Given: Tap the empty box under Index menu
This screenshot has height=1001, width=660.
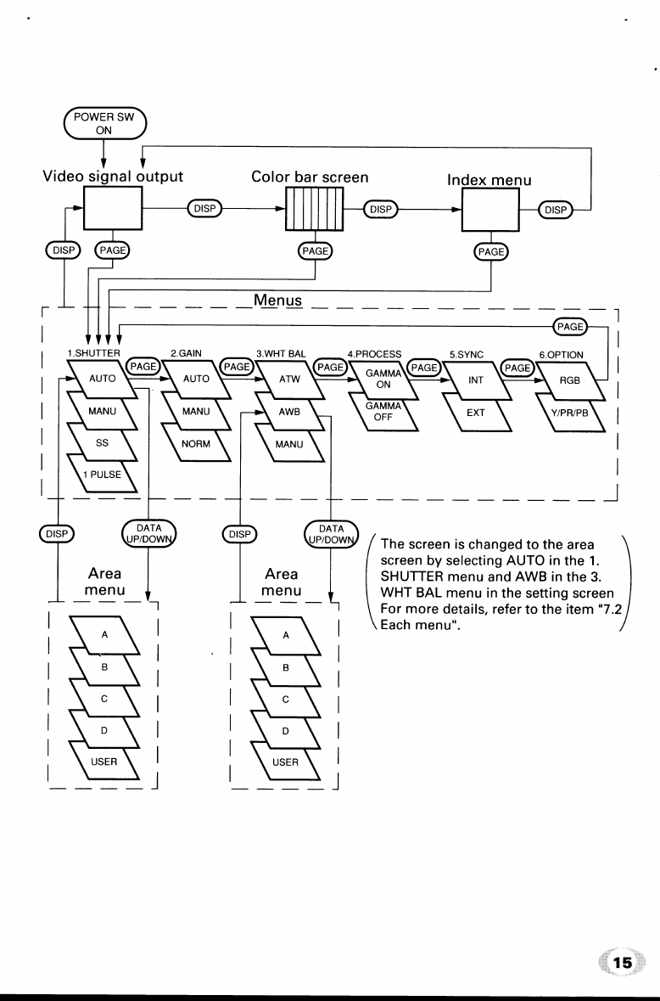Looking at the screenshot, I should pos(491,208).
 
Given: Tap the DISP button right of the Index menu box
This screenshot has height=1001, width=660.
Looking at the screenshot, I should pos(557,208).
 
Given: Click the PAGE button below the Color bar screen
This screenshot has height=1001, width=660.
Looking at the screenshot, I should pos(316,252).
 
